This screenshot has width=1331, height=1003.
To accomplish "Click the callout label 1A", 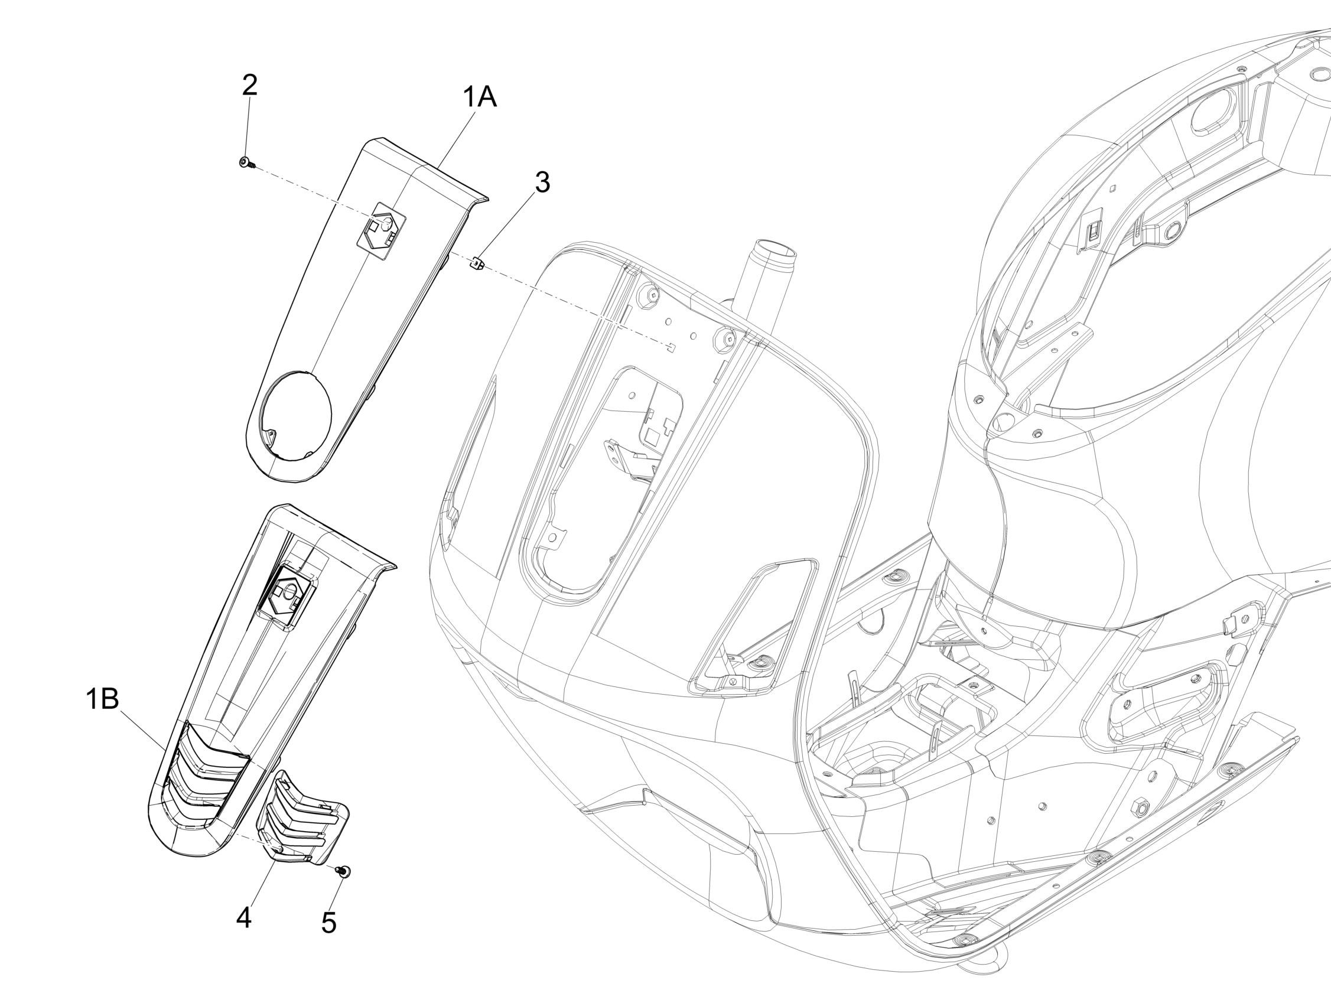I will (480, 97).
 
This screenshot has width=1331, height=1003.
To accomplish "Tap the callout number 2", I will (250, 86).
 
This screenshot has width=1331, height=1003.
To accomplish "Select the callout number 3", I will (542, 183).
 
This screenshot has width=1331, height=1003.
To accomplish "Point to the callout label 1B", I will (102, 700).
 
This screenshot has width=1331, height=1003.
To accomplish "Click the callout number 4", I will (244, 918).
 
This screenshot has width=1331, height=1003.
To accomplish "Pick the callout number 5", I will (328, 923).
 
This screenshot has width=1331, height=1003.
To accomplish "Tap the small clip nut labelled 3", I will (477, 263).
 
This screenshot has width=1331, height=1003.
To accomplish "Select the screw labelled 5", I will (345, 871).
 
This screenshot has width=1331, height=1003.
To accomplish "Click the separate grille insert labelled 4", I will (301, 819).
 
